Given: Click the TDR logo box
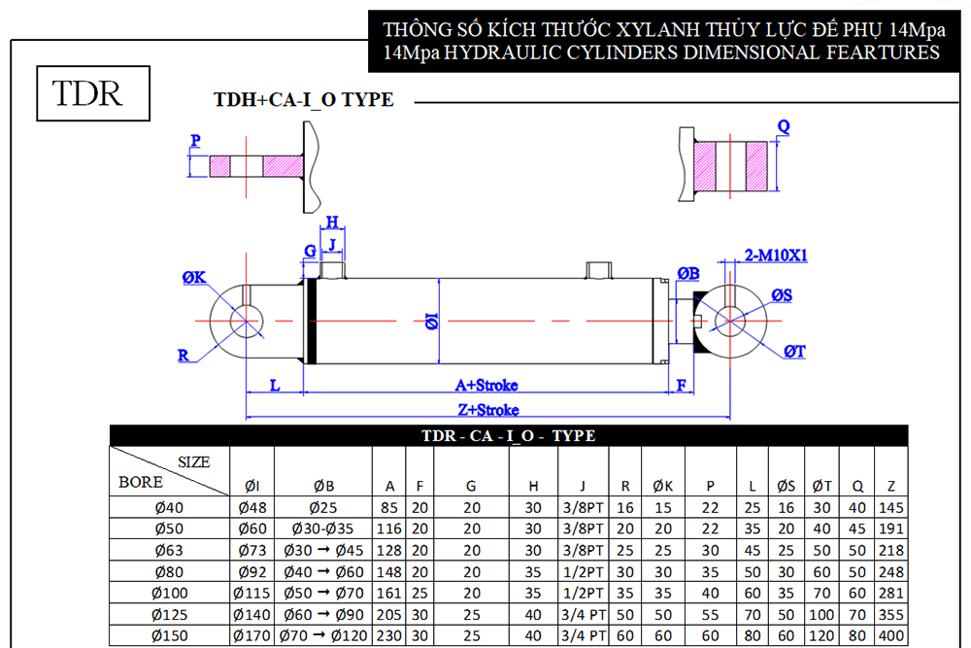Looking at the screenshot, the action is pyautogui.click(x=93, y=93).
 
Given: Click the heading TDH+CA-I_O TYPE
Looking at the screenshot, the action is pyautogui.click(x=303, y=100).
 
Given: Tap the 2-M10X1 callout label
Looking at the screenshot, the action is pyautogui.click(x=775, y=256).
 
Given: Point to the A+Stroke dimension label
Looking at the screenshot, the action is pyautogui.click(x=486, y=386).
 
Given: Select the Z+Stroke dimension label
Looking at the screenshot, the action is pyautogui.click(x=488, y=410).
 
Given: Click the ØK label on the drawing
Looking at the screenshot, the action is pyautogui.click(x=194, y=278).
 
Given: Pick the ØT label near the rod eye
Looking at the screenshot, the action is pyautogui.click(x=794, y=352).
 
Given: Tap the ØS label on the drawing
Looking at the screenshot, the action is pyautogui.click(x=782, y=295).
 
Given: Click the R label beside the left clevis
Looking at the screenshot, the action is pyautogui.click(x=184, y=356).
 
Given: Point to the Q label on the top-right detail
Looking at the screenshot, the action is pyautogui.click(x=784, y=127).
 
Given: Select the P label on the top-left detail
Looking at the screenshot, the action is pyautogui.click(x=196, y=141).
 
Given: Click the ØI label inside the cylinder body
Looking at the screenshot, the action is pyautogui.click(x=432, y=321).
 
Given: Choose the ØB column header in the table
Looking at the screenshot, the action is pyautogui.click(x=324, y=487).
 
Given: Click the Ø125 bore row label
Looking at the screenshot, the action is pyautogui.click(x=170, y=615).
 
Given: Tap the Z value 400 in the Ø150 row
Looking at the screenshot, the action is pyautogui.click(x=891, y=635).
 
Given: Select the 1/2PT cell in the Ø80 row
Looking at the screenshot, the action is pyautogui.click(x=583, y=572).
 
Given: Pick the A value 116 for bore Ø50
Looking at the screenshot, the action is pyautogui.click(x=389, y=529).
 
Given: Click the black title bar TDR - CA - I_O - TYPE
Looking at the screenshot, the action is pyautogui.click(x=509, y=435).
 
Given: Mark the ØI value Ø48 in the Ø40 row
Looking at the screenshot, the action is pyautogui.click(x=252, y=508).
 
